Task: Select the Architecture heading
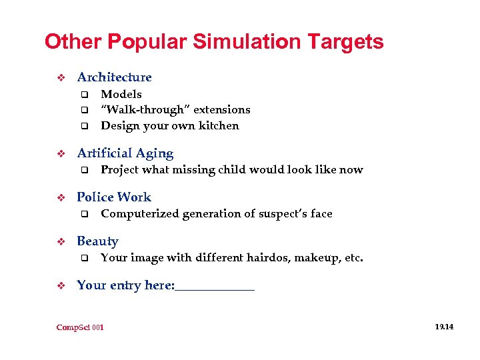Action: (114, 77)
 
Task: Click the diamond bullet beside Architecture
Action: (61, 78)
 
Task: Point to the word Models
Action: (121, 95)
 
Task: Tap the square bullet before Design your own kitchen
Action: (85, 126)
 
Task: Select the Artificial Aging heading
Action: (125, 154)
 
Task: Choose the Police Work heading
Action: (114, 197)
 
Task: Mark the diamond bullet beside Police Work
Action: (61, 198)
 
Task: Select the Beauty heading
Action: (97, 241)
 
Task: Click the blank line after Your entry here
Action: (215, 287)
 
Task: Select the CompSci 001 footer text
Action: (80, 327)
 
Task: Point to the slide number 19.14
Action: (444, 327)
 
